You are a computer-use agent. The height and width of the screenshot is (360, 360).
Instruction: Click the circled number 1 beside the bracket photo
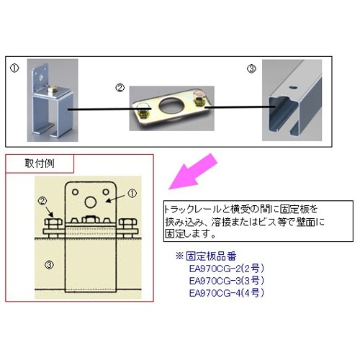13,70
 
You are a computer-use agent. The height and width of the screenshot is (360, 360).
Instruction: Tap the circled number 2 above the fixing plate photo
120,87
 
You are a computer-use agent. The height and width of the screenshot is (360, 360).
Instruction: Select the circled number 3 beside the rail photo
251,69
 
